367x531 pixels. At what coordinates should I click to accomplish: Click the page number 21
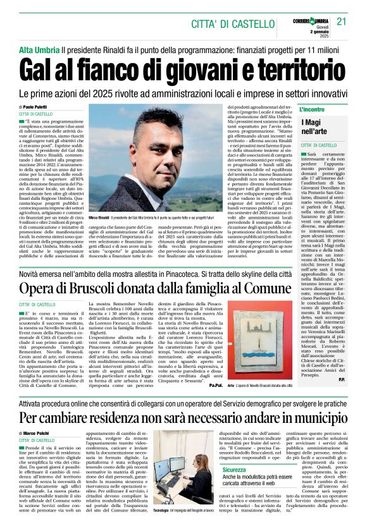342,22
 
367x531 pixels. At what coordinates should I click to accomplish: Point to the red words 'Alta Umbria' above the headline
39,49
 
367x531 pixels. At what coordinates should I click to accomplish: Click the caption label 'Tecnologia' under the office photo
161,510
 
